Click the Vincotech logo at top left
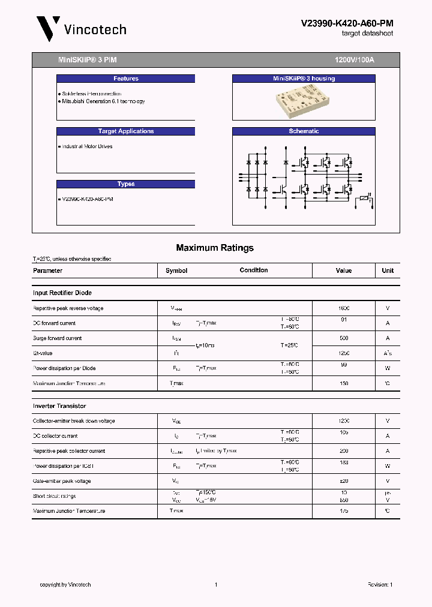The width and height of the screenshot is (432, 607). tap(81, 29)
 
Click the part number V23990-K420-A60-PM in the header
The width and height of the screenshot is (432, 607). tap(347, 23)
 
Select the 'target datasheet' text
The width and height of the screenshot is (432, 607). tap(367, 34)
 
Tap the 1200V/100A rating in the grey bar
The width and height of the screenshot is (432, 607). tap(354, 61)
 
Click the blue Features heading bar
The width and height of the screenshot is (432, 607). tap(126, 79)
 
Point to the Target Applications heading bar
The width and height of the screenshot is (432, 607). tap(126, 131)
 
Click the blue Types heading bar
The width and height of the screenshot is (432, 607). tap(126, 184)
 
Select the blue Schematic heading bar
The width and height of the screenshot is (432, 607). tap(304, 131)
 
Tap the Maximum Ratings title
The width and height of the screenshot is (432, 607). tap(215, 248)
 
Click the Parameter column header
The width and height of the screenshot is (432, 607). tap(48, 271)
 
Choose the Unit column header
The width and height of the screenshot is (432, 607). tap(388, 271)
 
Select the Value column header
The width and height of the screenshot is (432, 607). tap(344, 271)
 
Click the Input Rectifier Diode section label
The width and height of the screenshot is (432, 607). tap(62, 293)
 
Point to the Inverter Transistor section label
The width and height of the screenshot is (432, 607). tap(59, 406)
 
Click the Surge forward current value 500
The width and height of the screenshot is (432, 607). tap(344, 338)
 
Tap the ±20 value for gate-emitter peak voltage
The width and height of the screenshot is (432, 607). tap(344, 481)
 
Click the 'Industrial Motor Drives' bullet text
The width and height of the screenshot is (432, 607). tap(87, 146)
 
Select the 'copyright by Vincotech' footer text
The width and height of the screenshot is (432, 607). tap(65, 585)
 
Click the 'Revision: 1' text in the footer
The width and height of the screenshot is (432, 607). tap(380, 585)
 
